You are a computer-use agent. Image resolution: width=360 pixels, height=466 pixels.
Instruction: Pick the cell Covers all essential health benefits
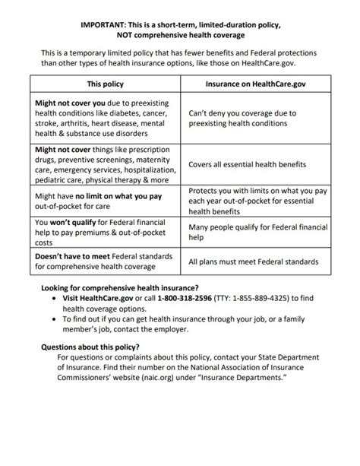[x=247, y=164]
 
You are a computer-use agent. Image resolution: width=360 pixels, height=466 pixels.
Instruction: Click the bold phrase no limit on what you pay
[x=120, y=195]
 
